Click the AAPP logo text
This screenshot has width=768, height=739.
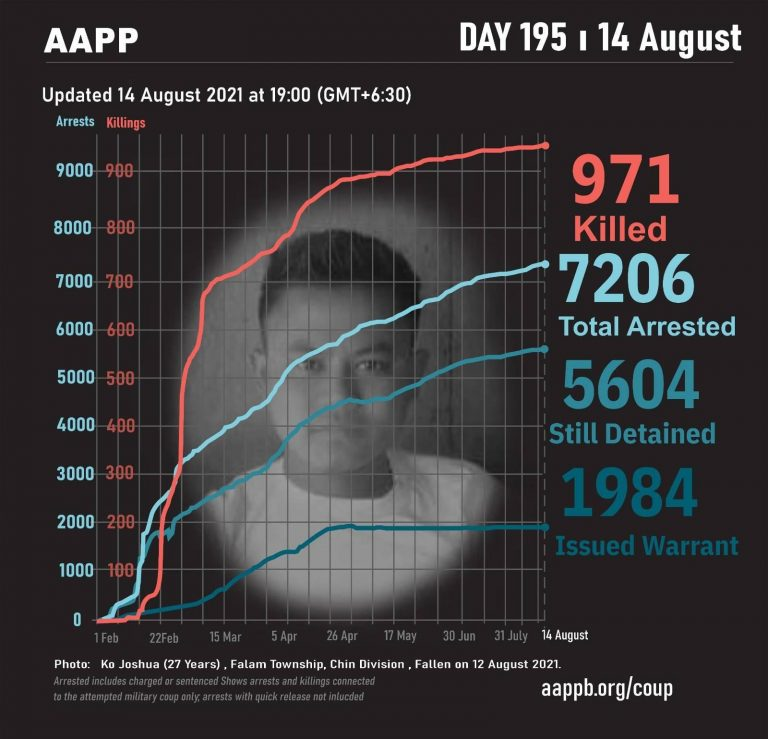[x=91, y=41]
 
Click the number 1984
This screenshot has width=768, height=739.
[x=629, y=493]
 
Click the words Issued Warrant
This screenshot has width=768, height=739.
[x=646, y=546]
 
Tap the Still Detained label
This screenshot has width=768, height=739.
[x=632, y=433]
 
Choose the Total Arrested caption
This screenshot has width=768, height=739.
[x=646, y=326]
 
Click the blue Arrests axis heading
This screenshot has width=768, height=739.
[x=75, y=122]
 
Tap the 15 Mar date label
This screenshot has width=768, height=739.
[x=225, y=636]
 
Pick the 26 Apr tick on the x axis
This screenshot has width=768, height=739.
[x=342, y=636]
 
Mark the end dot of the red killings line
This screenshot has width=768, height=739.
[x=545, y=146]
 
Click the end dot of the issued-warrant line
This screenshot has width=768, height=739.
[x=545, y=526]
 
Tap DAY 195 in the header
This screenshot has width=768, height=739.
[x=514, y=38]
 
